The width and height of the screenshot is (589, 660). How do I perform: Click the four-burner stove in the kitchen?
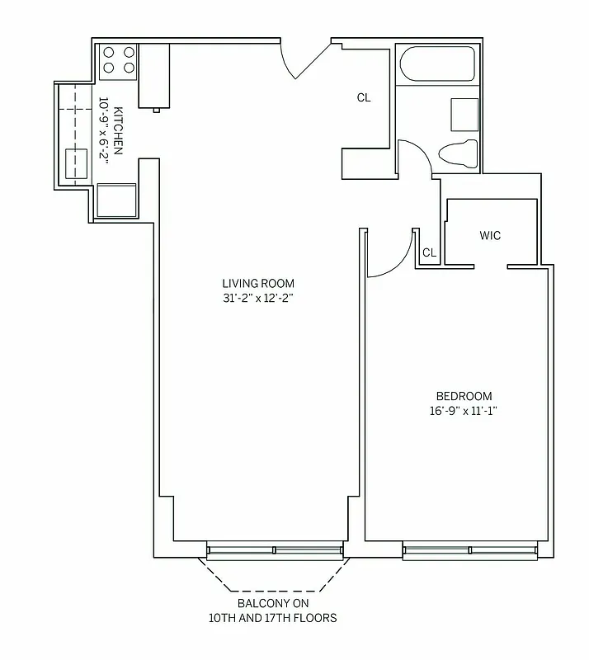coord(118,62)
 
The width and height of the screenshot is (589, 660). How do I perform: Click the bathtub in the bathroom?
coord(436,64)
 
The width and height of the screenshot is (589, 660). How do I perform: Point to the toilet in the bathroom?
coord(458,153)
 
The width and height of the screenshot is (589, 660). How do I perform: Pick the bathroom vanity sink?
coord(464,114)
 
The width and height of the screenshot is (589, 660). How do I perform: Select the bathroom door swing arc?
coord(416,156)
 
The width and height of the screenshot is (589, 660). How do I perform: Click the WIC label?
coord(490,236)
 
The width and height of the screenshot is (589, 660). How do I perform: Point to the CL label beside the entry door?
coord(364,97)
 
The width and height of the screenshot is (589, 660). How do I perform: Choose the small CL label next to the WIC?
coord(429,253)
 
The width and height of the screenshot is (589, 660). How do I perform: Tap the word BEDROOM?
coord(464,395)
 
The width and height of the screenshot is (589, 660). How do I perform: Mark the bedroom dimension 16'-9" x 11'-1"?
coord(464,410)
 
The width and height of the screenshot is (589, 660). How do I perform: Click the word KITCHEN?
coord(119,130)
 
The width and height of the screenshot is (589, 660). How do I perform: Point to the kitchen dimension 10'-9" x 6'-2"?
coord(104,130)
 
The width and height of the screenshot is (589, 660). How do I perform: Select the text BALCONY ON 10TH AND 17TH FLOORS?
coord(276,610)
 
